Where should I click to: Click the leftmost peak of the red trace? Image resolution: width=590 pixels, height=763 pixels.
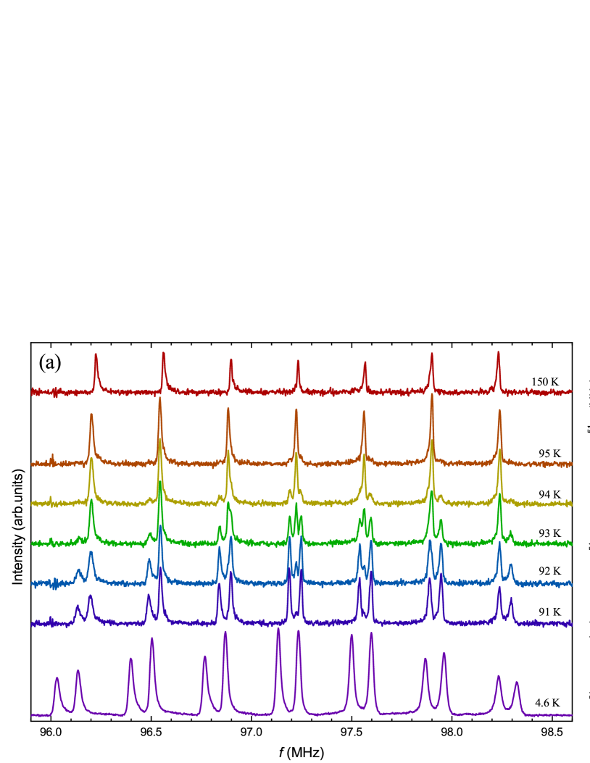point(96,356)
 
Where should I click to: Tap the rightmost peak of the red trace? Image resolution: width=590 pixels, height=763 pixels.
point(498,354)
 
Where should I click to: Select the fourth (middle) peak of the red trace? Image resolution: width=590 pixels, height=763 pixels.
point(298,362)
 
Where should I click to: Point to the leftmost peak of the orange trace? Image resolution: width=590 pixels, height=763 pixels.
point(91,416)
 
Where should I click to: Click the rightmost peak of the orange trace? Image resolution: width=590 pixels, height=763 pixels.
point(499,412)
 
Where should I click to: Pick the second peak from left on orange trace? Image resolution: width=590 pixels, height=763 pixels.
point(160,399)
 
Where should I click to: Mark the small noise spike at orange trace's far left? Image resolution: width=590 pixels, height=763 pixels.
point(53,456)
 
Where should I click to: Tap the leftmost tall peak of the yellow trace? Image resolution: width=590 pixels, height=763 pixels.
point(91,459)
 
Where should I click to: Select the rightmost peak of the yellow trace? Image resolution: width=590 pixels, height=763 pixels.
point(499,451)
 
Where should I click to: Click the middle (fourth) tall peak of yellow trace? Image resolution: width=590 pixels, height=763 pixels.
point(296,454)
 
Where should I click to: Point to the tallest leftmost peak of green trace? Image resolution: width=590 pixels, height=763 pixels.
point(91,501)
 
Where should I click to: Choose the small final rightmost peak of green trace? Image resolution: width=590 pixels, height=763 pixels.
point(510,533)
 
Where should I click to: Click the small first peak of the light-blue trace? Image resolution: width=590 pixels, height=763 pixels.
point(79,571)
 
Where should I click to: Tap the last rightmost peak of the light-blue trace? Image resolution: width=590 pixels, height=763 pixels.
point(510,566)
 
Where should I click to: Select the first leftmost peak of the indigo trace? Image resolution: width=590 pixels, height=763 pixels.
point(78,607)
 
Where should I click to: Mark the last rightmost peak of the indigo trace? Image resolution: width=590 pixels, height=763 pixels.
point(510,599)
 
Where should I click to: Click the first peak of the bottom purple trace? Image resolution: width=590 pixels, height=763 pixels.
point(57,679)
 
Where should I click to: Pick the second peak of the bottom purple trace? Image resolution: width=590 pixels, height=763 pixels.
point(78,672)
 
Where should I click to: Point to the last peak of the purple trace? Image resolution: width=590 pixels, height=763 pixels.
point(516,683)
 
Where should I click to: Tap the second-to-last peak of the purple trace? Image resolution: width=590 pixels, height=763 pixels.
point(498,677)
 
